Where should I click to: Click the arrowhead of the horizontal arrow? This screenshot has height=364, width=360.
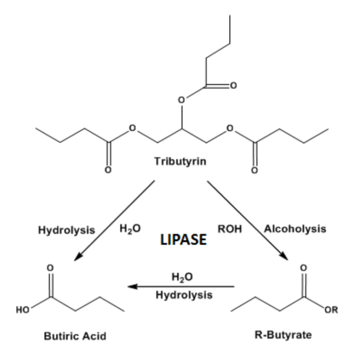click(134, 286)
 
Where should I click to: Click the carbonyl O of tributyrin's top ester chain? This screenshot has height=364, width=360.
click(233, 86)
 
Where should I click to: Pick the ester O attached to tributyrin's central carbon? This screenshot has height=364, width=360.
click(184, 99)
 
